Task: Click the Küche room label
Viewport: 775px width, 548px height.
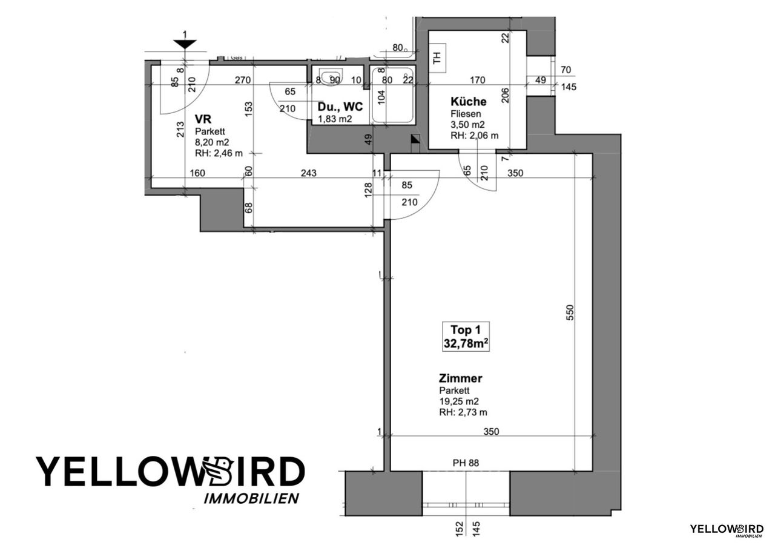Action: point(468,102)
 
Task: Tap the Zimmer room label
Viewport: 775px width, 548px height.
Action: point(461,378)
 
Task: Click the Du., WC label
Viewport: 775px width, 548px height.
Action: point(340,107)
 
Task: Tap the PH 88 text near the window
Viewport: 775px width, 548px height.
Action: point(466,464)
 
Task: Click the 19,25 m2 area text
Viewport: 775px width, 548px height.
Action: point(460,401)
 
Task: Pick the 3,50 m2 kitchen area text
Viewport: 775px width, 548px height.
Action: point(468,124)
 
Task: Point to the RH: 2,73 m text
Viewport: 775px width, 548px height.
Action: point(463,412)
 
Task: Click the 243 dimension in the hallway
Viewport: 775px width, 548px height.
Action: point(308,173)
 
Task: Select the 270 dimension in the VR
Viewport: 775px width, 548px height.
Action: point(243,79)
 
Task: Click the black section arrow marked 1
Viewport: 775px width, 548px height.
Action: point(185,44)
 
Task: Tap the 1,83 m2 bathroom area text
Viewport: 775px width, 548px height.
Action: point(335,119)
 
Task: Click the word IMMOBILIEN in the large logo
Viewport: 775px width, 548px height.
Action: point(251,498)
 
